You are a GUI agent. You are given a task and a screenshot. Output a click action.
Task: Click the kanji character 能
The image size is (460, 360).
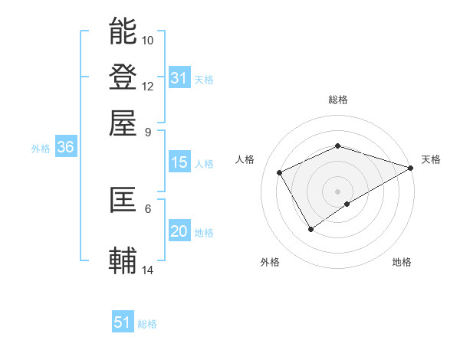[x=123, y=31]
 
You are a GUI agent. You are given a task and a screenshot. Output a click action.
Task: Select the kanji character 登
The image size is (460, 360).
[x=123, y=77]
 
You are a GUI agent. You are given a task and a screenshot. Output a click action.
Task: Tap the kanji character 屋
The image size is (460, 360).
[x=123, y=123]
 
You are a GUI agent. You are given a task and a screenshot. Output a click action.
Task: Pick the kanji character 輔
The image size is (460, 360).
[x=123, y=260]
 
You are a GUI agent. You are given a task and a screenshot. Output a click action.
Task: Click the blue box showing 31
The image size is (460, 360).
[x=179, y=78]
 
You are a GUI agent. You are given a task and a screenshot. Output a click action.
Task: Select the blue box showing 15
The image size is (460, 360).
[x=179, y=162]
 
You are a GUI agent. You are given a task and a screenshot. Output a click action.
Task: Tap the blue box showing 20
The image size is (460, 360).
[x=179, y=232]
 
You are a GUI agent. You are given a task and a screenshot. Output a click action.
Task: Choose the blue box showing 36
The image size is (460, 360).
[x=65, y=149]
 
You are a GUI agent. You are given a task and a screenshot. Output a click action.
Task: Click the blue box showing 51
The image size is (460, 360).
[x=123, y=322]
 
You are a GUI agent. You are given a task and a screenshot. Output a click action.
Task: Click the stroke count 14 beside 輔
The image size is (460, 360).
[x=148, y=270]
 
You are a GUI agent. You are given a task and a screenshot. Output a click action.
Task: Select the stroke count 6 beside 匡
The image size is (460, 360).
[x=148, y=208]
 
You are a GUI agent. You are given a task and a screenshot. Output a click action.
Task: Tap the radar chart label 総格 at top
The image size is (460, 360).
[x=338, y=100]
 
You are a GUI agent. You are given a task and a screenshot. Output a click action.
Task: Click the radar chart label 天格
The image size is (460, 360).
[x=431, y=159]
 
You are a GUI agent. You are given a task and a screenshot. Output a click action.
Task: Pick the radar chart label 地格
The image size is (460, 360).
[x=402, y=262]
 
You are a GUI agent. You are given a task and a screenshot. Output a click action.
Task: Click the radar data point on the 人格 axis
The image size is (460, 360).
[x=280, y=172]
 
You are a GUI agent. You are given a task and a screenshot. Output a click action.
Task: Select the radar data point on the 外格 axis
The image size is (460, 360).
[x=310, y=228]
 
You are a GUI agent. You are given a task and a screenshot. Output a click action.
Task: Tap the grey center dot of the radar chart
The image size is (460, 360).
[x=338, y=191]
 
